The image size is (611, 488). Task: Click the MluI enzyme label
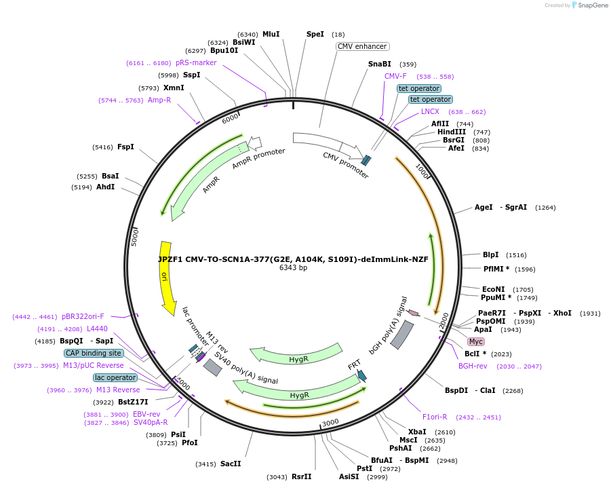(x=271, y=34)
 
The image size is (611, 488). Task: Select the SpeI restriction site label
(x=315, y=34)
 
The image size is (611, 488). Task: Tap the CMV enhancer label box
(x=362, y=47)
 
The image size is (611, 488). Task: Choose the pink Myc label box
(x=476, y=341)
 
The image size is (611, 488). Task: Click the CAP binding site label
(x=94, y=353)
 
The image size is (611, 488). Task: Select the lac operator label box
(x=115, y=377)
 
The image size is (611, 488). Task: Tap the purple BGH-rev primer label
(x=473, y=366)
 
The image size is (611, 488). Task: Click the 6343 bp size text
(x=293, y=267)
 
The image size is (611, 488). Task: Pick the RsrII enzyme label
(x=301, y=476)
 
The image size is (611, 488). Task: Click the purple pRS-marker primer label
(x=196, y=62)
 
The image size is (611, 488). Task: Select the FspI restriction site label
(x=125, y=147)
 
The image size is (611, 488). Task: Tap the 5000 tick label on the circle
(x=134, y=236)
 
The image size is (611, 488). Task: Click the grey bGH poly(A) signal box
(x=402, y=335)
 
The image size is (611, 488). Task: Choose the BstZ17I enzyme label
(x=133, y=402)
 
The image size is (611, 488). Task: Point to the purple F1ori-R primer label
(x=435, y=417)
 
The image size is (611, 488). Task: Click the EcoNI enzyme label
(x=493, y=289)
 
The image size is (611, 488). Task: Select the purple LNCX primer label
(x=430, y=111)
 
